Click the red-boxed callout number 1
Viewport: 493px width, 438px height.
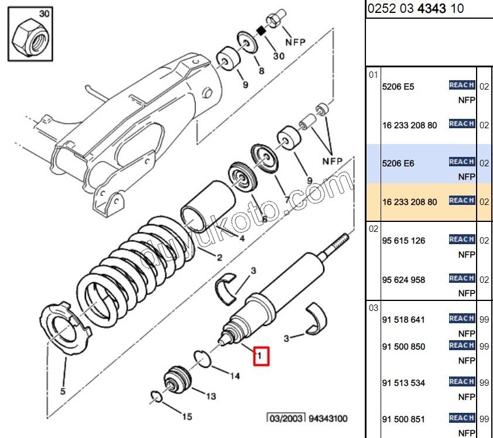(x=260, y=356)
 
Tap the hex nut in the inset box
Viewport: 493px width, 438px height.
(x=30, y=37)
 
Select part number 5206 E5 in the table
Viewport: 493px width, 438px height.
(x=398, y=87)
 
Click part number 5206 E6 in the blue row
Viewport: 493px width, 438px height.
(x=398, y=163)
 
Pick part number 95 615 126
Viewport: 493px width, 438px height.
(x=403, y=241)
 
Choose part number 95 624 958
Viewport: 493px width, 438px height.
(x=403, y=279)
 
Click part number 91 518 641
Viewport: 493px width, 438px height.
(x=403, y=320)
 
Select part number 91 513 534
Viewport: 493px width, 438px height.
(x=403, y=382)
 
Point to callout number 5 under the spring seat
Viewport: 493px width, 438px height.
(x=63, y=391)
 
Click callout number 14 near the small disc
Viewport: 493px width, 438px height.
(x=235, y=376)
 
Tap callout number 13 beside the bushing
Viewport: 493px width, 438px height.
(x=211, y=396)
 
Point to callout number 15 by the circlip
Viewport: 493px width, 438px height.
(x=187, y=416)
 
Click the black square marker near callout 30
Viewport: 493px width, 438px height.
(x=261, y=31)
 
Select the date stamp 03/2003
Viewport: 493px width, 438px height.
(x=286, y=419)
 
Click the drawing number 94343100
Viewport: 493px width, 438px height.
(x=328, y=419)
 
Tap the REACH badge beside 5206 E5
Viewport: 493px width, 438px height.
(x=462, y=85)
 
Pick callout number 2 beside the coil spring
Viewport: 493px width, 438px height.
(x=220, y=258)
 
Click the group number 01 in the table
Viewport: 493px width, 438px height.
(x=373, y=75)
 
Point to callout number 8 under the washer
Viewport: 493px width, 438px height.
(x=262, y=71)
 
